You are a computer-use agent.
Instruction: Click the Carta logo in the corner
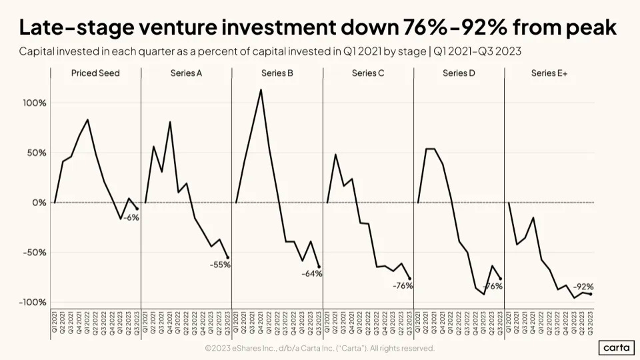click(616, 347)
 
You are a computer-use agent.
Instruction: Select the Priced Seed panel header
click(95, 73)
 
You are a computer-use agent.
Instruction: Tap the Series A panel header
click(186, 73)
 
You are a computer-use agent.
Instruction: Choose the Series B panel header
click(277, 73)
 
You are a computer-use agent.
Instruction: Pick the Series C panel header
click(368, 73)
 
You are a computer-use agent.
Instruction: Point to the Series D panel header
click(459, 73)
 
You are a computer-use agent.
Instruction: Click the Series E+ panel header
click(549, 73)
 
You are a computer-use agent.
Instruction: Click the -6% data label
click(131, 217)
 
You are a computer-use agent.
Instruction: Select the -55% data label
click(219, 265)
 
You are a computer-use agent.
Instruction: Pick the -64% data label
click(311, 274)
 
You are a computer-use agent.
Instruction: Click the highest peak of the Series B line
click(261, 89)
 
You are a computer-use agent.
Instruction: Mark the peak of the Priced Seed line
click(87, 120)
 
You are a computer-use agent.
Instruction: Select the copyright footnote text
click(319, 348)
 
